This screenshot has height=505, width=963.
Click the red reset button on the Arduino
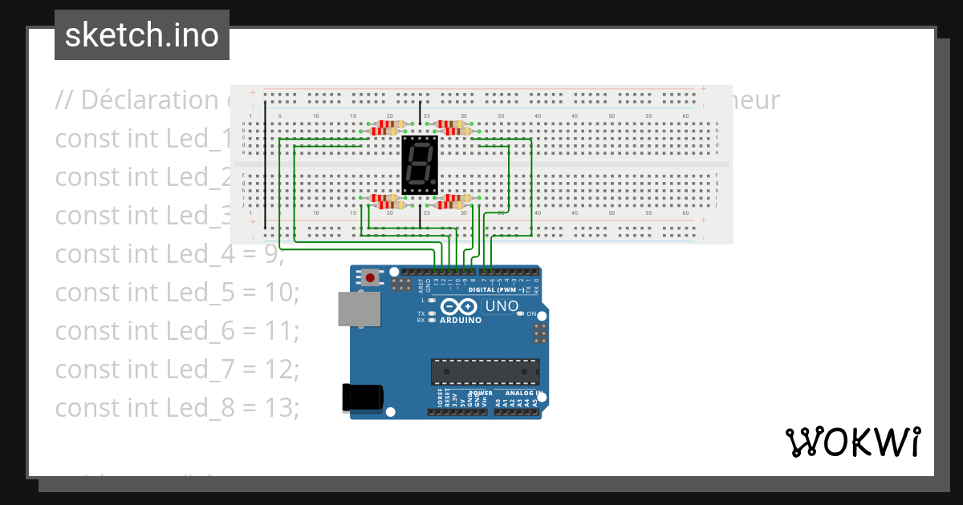pyautogui.click(x=370, y=278)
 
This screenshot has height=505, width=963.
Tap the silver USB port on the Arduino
pyautogui.click(x=359, y=309)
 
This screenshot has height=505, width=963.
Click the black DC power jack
pyautogui.click(x=362, y=398)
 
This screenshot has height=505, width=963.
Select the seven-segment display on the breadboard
pyautogui.click(x=420, y=165)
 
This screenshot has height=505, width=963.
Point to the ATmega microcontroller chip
pyautogui.click(x=485, y=371)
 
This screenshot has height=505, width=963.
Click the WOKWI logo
pyautogui.click(x=851, y=442)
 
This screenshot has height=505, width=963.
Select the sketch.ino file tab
pyautogui.click(x=142, y=35)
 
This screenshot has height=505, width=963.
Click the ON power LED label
pyautogui.click(x=531, y=314)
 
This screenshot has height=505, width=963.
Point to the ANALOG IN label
pyautogui.click(x=523, y=394)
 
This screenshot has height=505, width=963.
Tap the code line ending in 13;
pyautogui.click(x=177, y=407)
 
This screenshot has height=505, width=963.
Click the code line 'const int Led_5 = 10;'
pyautogui.click(x=177, y=292)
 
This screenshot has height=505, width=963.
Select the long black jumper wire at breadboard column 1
pyautogui.click(x=265, y=164)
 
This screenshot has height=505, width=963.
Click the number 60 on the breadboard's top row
pyautogui.click(x=685, y=116)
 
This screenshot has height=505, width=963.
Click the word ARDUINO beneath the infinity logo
pyautogui.click(x=461, y=320)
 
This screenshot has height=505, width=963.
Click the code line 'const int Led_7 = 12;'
pyautogui.click(x=177, y=369)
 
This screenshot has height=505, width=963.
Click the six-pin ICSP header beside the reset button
pyautogui.click(x=402, y=285)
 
